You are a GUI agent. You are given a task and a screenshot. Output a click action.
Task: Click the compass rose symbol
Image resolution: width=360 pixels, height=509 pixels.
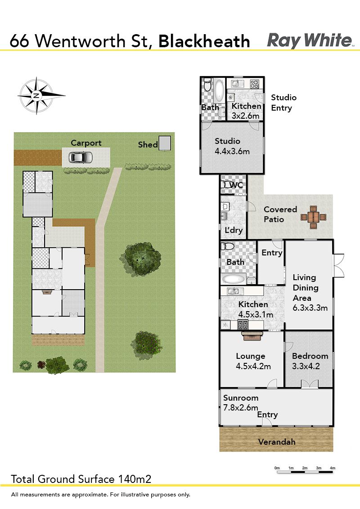pyautogui.click(x=37, y=95)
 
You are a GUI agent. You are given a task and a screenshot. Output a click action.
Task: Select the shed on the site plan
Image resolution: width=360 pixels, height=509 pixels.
pyautogui.click(x=165, y=143)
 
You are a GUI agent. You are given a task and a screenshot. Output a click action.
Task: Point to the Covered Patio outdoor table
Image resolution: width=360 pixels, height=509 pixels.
pyautogui.click(x=313, y=217)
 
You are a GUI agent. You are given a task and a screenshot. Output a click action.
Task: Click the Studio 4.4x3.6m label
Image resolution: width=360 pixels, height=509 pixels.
pyautogui.click(x=232, y=146)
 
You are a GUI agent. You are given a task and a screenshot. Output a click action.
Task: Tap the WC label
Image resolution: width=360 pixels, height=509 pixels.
pyautogui.click(x=236, y=185)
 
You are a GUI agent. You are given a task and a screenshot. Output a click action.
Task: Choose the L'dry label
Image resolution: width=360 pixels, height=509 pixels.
pyautogui.click(x=234, y=231)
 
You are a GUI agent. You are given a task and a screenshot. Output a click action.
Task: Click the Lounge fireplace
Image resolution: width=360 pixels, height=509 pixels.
pyautogui.click(x=252, y=335)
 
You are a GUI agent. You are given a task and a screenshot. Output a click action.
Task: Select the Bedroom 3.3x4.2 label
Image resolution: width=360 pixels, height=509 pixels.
pyautogui.click(x=310, y=361)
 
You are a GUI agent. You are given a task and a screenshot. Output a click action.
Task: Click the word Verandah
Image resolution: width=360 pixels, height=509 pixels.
pyautogui.click(x=277, y=442)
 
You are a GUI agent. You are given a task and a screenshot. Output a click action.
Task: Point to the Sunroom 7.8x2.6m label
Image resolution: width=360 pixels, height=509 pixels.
pyautogui.click(x=241, y=402)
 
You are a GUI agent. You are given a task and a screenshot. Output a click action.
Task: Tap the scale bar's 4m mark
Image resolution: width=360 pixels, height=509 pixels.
pyautogui.click(x=333, y=468)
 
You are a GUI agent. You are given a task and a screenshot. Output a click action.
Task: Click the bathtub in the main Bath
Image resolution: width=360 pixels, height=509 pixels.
pyautogui.click(x=233, y=279)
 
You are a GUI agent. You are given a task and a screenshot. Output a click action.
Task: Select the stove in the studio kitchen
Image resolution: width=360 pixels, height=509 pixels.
pyautogui.click(x=254, y=84)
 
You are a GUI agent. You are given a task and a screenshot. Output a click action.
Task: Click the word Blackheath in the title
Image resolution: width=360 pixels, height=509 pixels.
pyautogui.click(x=204, y=41)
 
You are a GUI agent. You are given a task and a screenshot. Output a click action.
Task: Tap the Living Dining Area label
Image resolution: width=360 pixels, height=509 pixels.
pyautogui.click(x=310, y=292)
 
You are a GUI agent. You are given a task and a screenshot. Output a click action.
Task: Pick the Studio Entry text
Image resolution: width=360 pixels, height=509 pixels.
pyautogui.click(x=283, y=103)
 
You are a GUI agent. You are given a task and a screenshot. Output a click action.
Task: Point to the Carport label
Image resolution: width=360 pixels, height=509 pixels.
pyautogui.click(x=86, y=143)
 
